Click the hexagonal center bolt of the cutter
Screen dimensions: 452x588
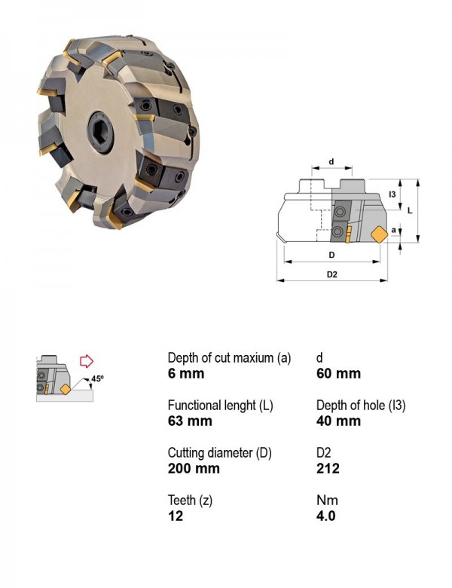(101, 132)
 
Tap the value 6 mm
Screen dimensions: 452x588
(186, 373)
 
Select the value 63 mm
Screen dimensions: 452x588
(190, 421)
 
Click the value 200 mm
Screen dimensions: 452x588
(194, 468)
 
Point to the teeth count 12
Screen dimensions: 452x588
(176, 516)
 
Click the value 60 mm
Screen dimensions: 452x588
(338, 373)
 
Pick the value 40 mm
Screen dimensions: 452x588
(338, 421)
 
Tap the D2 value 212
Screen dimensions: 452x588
(328, 468)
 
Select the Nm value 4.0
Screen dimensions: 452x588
(325, 516)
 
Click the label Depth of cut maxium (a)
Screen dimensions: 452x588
(229, 358)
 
